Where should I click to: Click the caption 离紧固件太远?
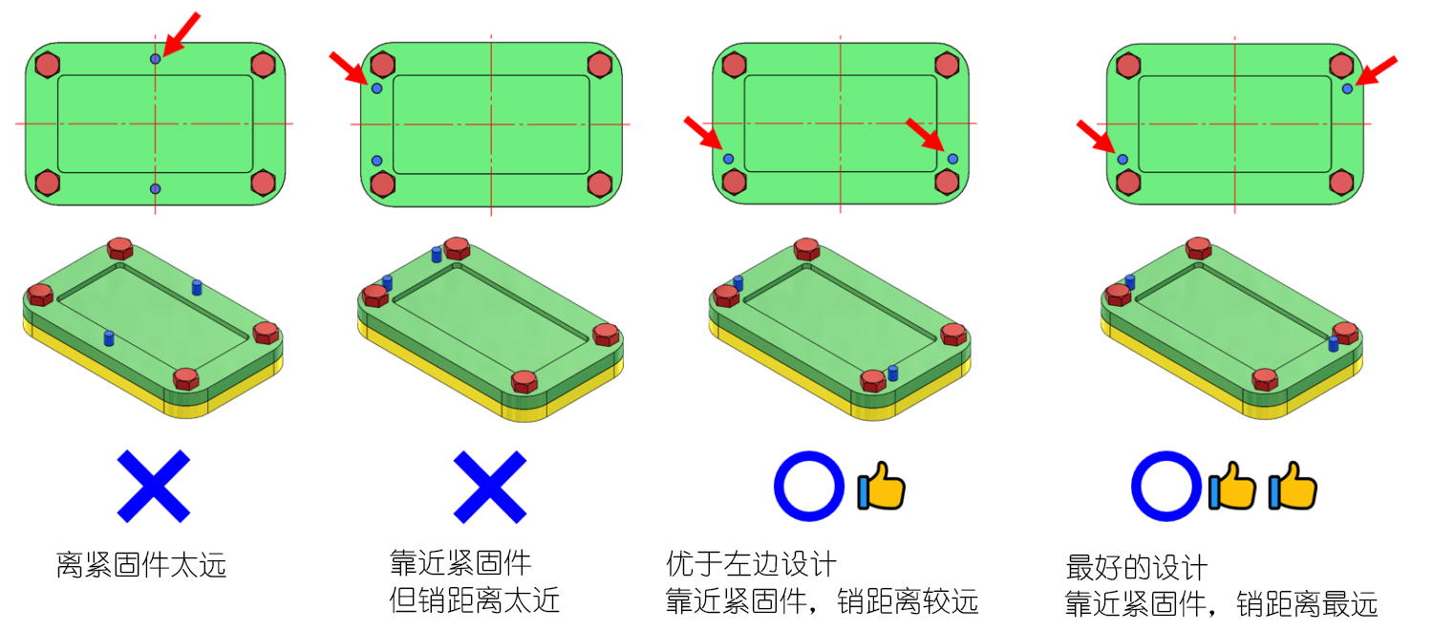coord(141,565)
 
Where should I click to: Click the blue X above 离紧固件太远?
coord(154,486)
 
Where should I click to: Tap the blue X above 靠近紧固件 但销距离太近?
coord(490,487)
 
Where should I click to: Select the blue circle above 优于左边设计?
coord(808,486)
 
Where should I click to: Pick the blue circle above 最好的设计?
coord(1166,486)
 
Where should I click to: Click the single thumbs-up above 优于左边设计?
coord(882,486)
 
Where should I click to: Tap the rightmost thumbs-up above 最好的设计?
coord(1293,486)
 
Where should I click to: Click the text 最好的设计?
coord(1137,567)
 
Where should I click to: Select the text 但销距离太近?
coord(474,600)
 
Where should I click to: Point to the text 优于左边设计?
coord(751,564)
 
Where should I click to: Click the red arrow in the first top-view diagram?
coord(181,34)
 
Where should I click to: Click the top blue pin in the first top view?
coord(156,59)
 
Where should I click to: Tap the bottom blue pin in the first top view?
coord(156,189)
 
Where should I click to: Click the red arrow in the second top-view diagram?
coord(349,69)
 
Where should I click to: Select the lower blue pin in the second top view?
coord(376,161)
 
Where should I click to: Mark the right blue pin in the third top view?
coord(952,159)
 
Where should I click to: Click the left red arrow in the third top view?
coord(703,133)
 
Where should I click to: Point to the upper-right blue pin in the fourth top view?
coord(1347,89)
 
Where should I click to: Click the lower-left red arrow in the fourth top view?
coord(1097,137)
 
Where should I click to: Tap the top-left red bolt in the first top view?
coord(48,65)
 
